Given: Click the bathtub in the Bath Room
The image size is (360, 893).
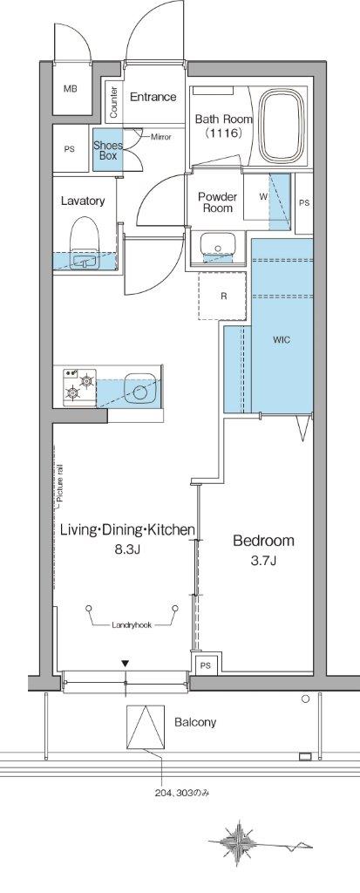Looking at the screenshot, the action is [282, 126].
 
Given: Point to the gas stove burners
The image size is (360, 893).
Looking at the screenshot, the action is [79, 385].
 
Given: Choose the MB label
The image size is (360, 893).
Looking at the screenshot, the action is [70, 90].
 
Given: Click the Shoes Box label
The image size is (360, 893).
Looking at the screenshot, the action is [108, 150].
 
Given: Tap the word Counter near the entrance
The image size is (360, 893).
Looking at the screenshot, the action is [113, 103].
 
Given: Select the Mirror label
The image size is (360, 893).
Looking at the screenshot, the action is [160, 137].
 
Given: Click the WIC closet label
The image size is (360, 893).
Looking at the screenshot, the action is [282, 340].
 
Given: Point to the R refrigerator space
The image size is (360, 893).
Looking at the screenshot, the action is [224, 297].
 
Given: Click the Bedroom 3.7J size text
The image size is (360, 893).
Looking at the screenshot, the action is [263, 562].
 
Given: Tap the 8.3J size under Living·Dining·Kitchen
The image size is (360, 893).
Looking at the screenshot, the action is [128, 550].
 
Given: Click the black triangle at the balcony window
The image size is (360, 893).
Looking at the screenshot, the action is [126, 664].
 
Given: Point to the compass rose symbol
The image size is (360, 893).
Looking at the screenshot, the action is [239, 841].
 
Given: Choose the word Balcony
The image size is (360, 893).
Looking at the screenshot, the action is [195, 722].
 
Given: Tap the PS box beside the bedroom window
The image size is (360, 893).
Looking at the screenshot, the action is [205, 665].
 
